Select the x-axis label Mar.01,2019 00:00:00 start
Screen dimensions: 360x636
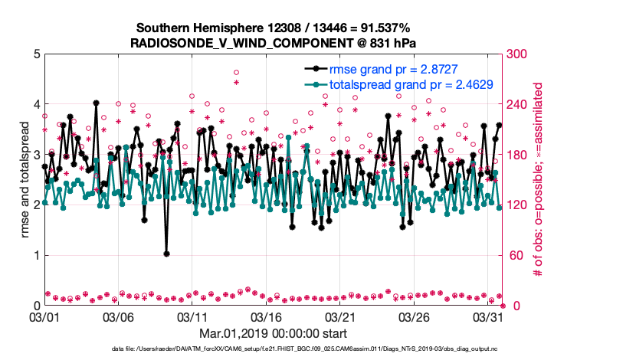pyautogui.click(x=273, y=333)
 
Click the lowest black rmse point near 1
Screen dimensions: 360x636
pyautogui.click(x=166, y=254)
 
